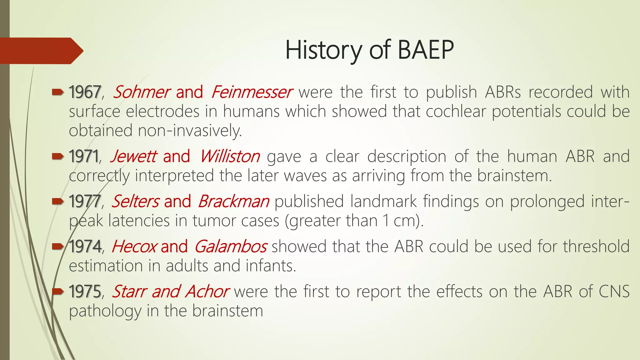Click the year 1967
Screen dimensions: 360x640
(85, 92)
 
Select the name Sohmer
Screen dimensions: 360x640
(141, 92)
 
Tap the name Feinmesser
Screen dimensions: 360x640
(251, 92)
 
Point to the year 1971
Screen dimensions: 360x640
(83, 157)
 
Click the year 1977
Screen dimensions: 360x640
(85, 202)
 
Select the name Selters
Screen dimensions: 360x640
(136, 202)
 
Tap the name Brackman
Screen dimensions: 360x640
(233, 202)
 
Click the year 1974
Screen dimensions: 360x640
(85, 247)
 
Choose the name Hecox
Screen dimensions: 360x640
(134, 247)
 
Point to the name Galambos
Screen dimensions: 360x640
(231, 247)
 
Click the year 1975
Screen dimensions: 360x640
(85, 292)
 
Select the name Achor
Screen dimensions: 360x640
(207, 292)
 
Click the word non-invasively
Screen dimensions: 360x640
(190, 131)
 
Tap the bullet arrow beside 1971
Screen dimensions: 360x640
(58, 156)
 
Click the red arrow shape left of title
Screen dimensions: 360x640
(41, 51)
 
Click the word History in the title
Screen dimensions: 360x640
(324, 50)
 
